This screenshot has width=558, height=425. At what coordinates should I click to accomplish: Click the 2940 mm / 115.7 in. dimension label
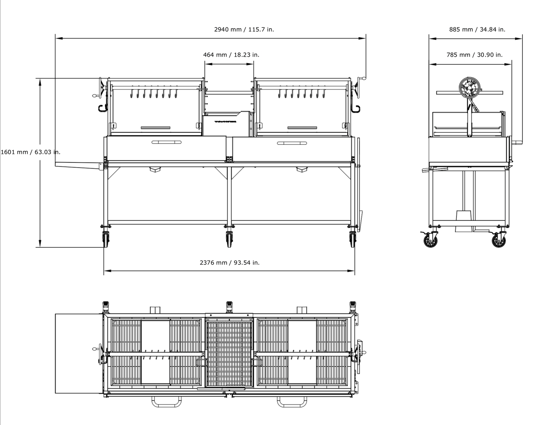244,29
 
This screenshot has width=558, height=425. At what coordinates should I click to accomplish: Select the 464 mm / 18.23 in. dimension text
231,55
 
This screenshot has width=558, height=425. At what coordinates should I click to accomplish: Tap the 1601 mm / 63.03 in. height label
31,152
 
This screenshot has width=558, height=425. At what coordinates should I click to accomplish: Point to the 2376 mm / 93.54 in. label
229,263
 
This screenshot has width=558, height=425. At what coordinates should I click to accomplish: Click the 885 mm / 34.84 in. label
477,29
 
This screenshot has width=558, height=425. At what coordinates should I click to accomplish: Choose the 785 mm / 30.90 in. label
475,55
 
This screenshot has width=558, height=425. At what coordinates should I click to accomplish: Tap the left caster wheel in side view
430,240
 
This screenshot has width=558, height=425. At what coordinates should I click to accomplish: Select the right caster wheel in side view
499,240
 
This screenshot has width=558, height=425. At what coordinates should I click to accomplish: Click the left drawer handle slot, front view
166,142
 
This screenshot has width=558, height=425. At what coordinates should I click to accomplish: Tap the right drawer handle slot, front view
292,143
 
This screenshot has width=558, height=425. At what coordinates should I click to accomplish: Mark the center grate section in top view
229,354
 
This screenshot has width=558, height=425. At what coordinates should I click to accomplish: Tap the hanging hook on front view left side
102,108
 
